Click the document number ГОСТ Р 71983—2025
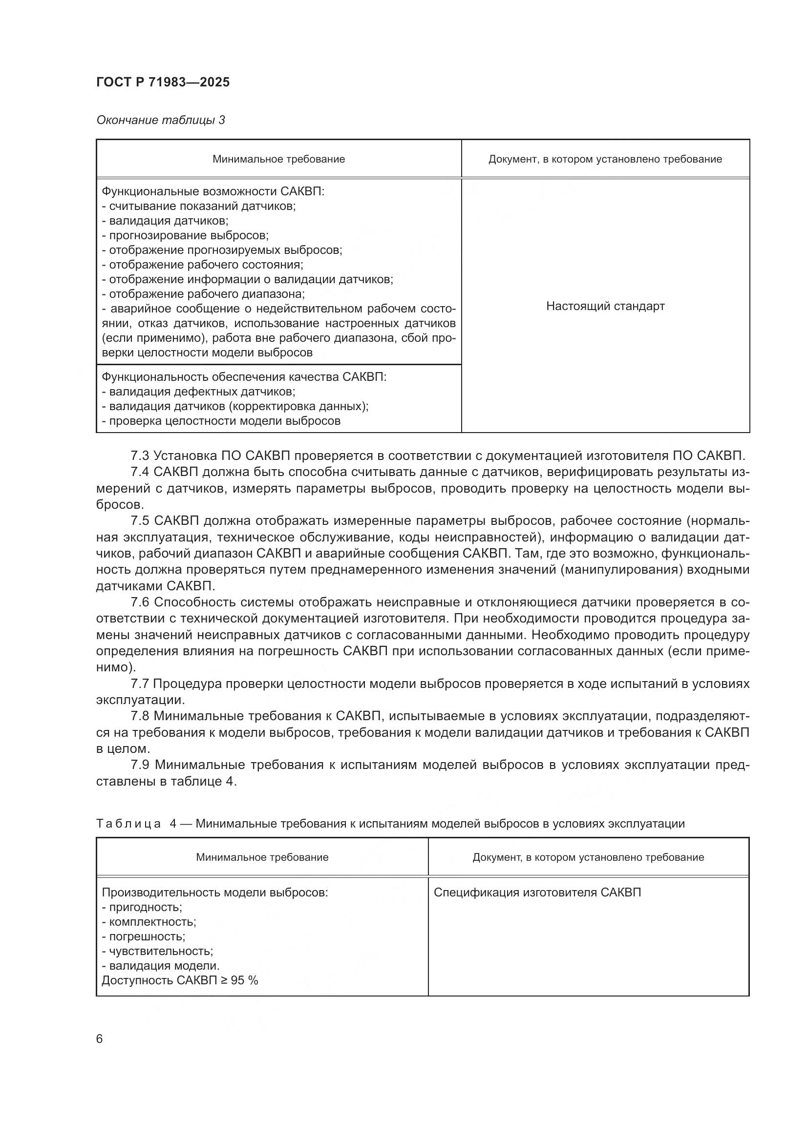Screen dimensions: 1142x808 (x=163, y=82)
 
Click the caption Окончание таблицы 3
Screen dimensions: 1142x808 (x=160, y=120)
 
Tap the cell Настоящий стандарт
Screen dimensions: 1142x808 (x=605, y=306)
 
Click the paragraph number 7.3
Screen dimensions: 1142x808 (x=140, y=456)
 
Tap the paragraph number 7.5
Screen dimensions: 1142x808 (x=140, y=521)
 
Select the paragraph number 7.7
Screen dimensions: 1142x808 (x=140, y=684)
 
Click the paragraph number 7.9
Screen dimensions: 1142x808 (x=140, y=765)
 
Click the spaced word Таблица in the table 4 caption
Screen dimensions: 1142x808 (x=128, y=824)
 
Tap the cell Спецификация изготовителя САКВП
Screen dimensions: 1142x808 (x=537, y=893)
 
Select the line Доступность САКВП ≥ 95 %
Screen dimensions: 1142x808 (x=180, y=980)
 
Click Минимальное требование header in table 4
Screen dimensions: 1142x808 (x=262, y=857)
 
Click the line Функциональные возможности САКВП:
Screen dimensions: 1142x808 (x=213, y=191)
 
